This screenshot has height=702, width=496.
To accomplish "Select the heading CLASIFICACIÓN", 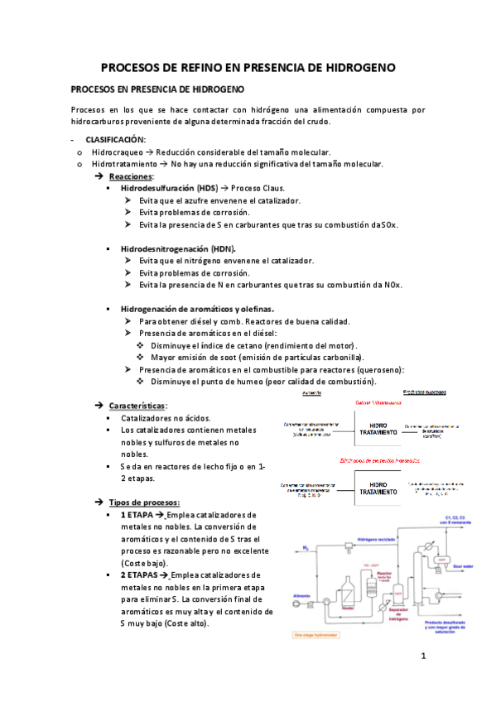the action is [x=116, y=140].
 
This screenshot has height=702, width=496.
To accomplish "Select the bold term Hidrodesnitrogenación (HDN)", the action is [x=177, y=248].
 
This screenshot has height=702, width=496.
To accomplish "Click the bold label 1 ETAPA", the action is [x=136, y=515].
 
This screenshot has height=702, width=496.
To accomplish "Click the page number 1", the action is [x=422, y=659].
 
